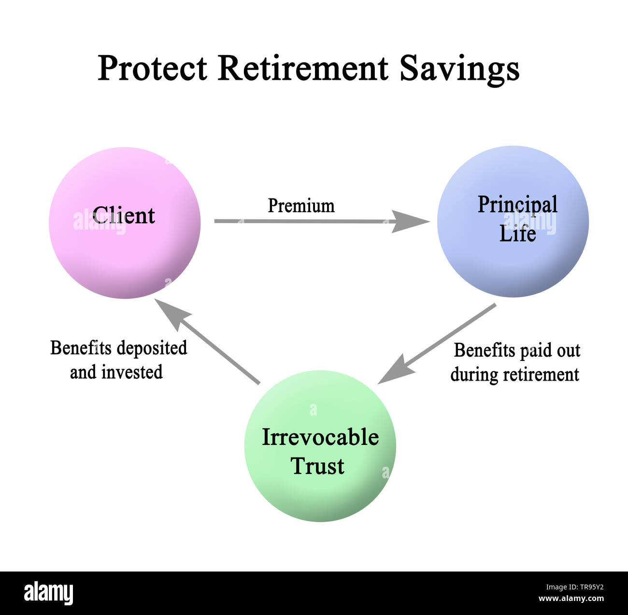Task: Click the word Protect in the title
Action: (x=152, y=68)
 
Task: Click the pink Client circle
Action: (x=125, y=251)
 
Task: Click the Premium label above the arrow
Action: (x=301, y=206)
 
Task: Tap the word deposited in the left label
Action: (x=152, y=348)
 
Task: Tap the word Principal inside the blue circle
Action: (x=517, y=204)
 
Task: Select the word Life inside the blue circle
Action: (x=517, y=234)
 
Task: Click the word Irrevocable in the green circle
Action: (x=320, y=437)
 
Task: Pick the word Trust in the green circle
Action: (x=317, y=466)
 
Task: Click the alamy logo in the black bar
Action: (x=48, y=593)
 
